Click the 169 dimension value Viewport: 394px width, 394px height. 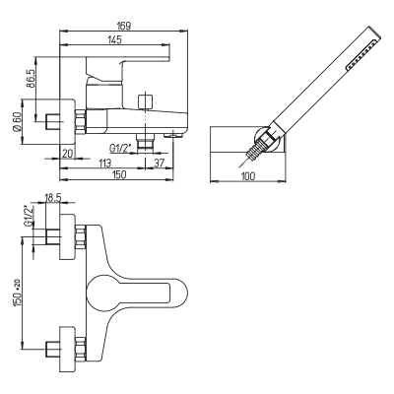[x=124, y=26]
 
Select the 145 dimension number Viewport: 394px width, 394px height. [x=114, y=39]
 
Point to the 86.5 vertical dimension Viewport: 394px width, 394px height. [x=31, y=79]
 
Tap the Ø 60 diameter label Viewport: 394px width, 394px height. [x=17, y=122]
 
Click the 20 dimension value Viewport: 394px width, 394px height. [x=67, y=154]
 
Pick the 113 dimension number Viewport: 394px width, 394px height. [x=104, y=163]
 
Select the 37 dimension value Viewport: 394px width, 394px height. [x=159, y=163]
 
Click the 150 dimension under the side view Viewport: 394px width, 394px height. [x=118, y=174]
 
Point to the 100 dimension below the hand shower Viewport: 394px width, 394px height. [x=248, y=176]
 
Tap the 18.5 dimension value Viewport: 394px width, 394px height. [x=53, y=198]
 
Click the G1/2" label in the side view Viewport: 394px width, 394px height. [x=120, y=149]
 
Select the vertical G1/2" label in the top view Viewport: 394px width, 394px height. [x=29, y=216]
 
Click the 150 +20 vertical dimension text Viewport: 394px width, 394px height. [x=18, y=294]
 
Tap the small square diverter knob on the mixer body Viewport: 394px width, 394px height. [x=146, y=101]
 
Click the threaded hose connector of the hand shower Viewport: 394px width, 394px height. [x=257, y=149]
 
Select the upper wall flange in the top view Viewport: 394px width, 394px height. [x=67, y=236]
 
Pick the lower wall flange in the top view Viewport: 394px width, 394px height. [x=67, y=349]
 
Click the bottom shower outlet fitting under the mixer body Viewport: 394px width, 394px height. [x=145, y=143]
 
